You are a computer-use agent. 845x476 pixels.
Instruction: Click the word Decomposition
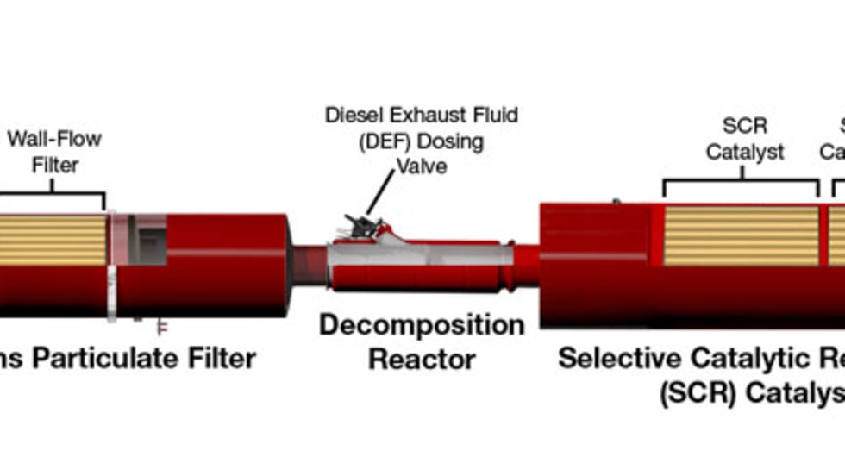[x=422, y=326]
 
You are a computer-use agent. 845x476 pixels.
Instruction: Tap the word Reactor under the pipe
[x=422, y=359]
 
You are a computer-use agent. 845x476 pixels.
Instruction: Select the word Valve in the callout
[x=422, y=166]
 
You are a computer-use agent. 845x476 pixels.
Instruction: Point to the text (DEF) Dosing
[x=422, y=141]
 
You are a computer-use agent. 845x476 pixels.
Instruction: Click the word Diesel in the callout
[x=352, y=116]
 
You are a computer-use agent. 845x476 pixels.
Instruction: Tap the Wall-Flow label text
[x=54, y=138]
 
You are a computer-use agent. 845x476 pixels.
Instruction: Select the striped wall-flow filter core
[x=52, y=240]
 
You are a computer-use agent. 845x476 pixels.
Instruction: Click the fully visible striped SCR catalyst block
[x=741, y=235]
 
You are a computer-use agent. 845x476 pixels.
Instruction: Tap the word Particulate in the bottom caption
[x=113, y=358]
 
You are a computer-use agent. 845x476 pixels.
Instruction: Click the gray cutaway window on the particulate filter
[x=147, y=240]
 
